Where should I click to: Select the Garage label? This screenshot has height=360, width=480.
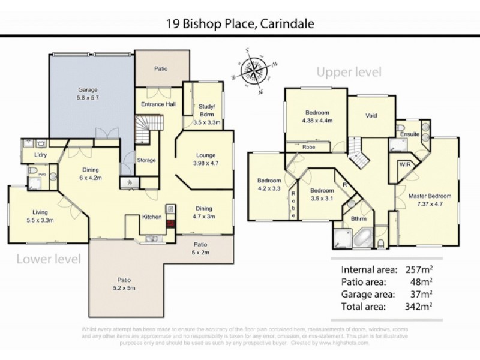point(86,89)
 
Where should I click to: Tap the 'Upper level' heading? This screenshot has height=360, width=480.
point(349,73)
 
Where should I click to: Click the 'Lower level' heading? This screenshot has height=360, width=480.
point(47,259)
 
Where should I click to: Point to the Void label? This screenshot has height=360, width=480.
point(371,115)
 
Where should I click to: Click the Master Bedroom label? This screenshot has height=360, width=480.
point(429,196)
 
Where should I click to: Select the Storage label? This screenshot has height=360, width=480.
point(146,160)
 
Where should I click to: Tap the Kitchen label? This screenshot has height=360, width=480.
point(151,217)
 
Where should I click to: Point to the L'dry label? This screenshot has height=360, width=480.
point(41,155)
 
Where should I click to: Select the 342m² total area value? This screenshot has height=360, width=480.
point(419,305)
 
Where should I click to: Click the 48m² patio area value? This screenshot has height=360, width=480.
point(421,281)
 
